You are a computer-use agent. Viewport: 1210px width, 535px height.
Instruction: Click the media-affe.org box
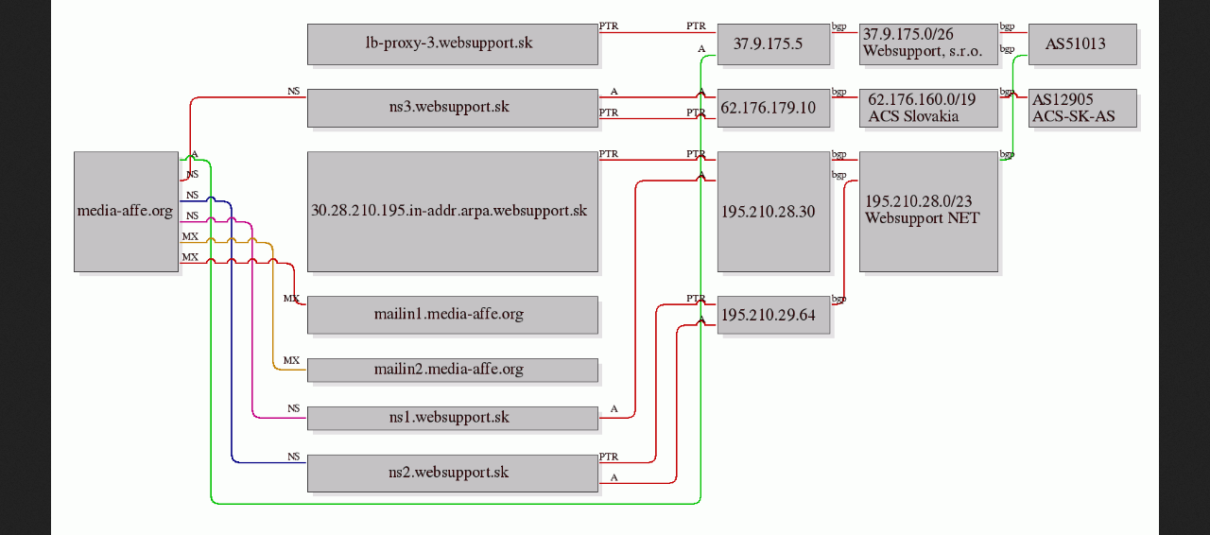click(x=127, y=212)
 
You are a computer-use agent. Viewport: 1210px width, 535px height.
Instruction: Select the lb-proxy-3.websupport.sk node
click(x=453, y=43)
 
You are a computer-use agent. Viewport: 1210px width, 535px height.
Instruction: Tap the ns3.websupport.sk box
click(x=453, y=108)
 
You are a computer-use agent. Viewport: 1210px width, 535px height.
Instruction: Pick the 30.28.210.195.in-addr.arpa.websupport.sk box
click(x=453, y=212)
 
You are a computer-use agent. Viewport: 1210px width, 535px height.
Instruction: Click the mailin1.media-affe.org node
click(x=453, y=315)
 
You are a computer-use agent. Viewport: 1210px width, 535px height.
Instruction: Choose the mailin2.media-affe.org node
click(x=453, y=371)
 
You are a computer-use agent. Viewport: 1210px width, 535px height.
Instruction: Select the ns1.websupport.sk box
click(x=453, y=419)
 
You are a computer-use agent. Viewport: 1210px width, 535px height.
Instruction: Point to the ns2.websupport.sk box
click(x=453, y=473)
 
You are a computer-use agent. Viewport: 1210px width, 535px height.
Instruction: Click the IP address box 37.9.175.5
click(x=773, y=43)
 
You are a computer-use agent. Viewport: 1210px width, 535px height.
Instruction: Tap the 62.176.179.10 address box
click(x=773, y=108)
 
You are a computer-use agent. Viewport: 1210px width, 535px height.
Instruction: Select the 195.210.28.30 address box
click(x=773, y=212)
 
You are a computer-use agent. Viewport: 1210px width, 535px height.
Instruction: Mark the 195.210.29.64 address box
click(x=773, y=315)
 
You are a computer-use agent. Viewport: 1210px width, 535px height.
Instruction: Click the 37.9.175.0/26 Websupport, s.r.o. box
click(x=928, y=43)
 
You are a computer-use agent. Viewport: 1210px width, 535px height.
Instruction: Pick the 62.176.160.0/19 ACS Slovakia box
click(x=928, y=108)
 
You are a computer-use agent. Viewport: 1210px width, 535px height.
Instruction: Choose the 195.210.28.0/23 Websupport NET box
click(x=928, y=212)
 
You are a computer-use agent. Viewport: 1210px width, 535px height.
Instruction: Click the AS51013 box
click(x=1082, y=43)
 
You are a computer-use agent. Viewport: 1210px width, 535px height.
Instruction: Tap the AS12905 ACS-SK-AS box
click(x=1082, y=108)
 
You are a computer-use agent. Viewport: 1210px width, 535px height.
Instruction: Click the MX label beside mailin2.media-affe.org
click(x=291, y=360)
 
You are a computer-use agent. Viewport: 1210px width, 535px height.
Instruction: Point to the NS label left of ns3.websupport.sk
click(x=293, y=92)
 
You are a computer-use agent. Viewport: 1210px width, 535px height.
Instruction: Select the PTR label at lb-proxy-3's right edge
click(x=608, y=26)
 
